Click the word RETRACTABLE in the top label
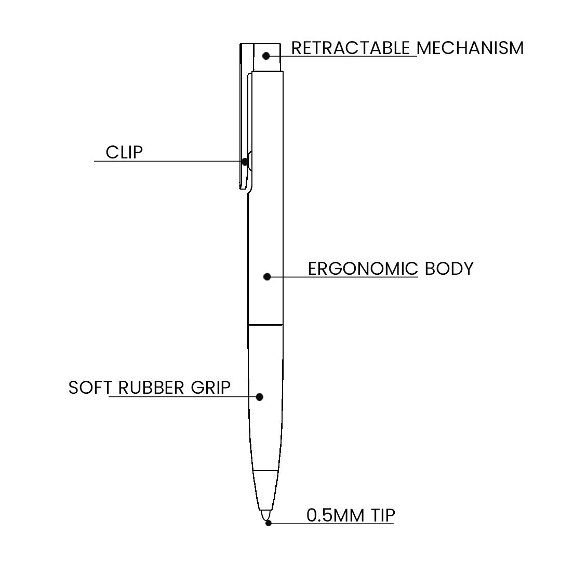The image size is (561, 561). (351, 48)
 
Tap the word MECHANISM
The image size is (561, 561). (470, 48)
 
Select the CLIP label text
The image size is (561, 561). (124, 152)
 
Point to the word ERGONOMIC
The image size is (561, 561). (363, 269)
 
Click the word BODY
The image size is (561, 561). (449, 269)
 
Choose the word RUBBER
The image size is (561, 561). (151, 388)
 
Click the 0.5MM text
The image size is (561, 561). (335, 515)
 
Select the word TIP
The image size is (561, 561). (383, 515)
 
